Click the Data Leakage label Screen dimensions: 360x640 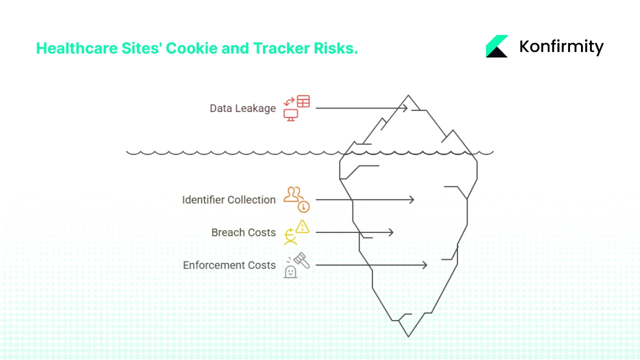(242, 108)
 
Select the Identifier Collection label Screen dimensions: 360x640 (228, 200)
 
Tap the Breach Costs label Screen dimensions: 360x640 (243, 232)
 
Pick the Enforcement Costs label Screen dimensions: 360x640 (229, 265)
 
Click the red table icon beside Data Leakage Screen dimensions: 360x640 (303, 101)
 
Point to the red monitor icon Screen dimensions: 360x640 (290, 115)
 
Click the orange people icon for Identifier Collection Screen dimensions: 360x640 (293, 194)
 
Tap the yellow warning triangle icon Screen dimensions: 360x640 (302, 227)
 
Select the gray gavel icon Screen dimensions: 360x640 (301, 259)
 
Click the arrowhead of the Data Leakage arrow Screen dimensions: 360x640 (405, 108)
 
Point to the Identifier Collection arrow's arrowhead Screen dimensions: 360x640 (412, 200)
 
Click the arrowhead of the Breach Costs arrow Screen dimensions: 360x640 (391, 232)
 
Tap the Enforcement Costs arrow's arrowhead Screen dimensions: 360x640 (425, 265)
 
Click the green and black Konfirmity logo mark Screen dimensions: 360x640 (497, 46)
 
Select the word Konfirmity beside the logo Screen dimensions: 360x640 (561, 46)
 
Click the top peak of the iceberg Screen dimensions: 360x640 (408, 95)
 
